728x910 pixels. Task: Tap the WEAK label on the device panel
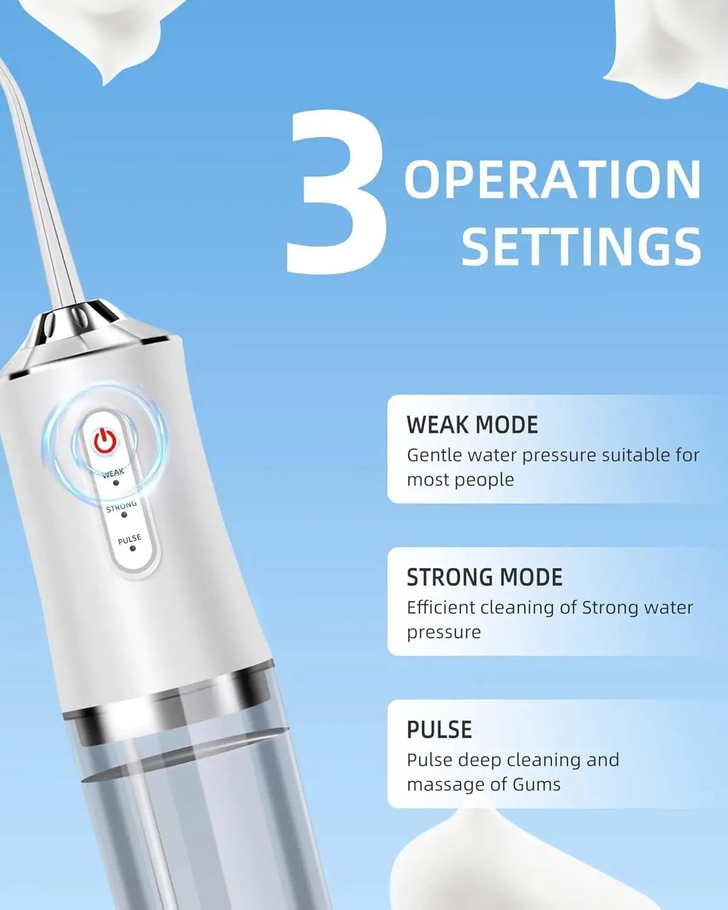tap(113, 473)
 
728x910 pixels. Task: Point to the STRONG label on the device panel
tap(121, 506)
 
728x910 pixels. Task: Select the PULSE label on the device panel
tap(129, 539)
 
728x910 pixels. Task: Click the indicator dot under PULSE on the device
tap(133, 548)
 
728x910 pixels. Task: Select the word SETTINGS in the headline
tap(581, 246)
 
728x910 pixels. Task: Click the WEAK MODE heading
tap(472, 425)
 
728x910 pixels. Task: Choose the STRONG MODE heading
tap(484, 577)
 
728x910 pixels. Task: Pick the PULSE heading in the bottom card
tap(439, 729)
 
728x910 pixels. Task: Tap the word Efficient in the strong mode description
tap(441, 607)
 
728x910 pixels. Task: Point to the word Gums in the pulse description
tap(536, 784)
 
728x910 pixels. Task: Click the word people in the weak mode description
tap(485, 480)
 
